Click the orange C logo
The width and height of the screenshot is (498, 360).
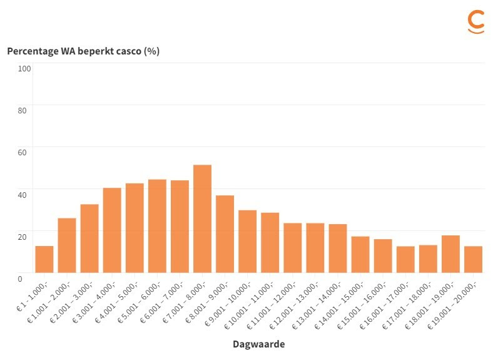pos(476,21)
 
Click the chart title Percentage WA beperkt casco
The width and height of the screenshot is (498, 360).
pos(83,51)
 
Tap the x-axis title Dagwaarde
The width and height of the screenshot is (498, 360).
pos(258,344)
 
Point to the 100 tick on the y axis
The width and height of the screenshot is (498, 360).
pos(24,68)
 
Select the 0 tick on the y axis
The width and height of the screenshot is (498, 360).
pos(20,278)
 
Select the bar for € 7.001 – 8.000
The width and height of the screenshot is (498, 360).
pos(202,219)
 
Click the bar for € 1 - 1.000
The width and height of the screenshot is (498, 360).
pos(44,259)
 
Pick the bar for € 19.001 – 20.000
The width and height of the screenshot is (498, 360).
pos(473,259)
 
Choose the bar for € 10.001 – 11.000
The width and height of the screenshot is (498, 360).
pos(270,242)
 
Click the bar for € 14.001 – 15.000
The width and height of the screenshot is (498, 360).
pos(360,254)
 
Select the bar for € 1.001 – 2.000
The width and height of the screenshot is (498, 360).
pos(66,245)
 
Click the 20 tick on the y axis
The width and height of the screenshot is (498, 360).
pos(23,236)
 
